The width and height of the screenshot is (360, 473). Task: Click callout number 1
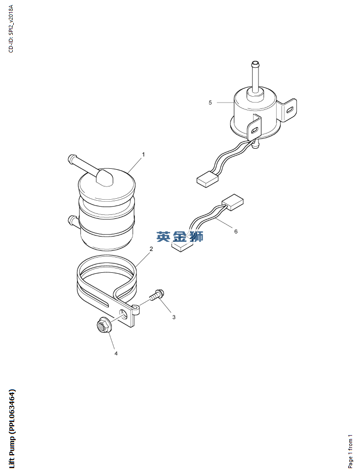(144, 155)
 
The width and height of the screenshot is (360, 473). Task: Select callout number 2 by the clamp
(151, 249)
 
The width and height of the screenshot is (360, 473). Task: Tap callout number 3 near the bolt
(174, 317)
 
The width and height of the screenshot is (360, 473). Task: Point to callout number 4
(116, 353)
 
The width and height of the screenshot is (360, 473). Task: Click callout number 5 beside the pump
(210, 103)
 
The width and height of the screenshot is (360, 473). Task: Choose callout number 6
(236, 232)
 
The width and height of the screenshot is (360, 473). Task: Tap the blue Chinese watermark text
(180, 236)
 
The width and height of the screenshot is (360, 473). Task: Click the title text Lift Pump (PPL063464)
(12, 429)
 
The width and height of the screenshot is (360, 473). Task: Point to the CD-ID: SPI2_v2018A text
(11, 28)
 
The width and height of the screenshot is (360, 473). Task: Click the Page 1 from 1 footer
(350, 451)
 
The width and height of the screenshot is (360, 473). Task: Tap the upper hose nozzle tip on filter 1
(72, 158)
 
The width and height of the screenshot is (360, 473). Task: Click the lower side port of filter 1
(73, 221)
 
